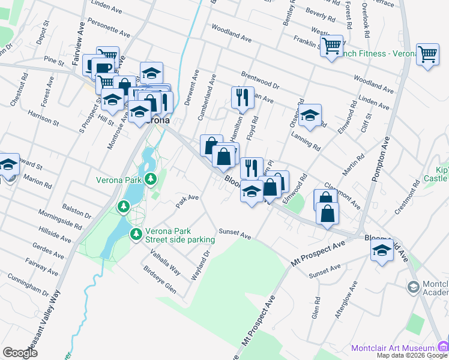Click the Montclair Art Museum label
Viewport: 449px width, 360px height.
point(393,348)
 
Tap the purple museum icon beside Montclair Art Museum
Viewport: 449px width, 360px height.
point(443,346)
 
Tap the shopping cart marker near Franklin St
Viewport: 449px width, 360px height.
point(331,46)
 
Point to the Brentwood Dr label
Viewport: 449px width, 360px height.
point(260,80)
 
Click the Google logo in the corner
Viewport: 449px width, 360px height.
point(20,353)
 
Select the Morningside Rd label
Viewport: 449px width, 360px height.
point(60,219)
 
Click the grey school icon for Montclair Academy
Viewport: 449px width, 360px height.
point(413,287)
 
